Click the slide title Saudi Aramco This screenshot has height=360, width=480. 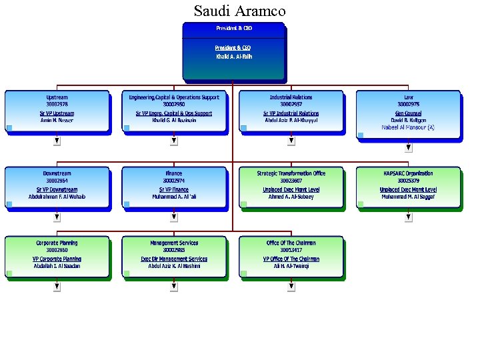click(x=239, y=11)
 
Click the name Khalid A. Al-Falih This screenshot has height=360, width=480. click(x=233, y=57)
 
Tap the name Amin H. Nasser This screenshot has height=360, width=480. click(x=57, y=121)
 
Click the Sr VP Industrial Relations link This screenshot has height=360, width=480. click(x=291, y=113)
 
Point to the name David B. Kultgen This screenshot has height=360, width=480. click(x=408, y=120)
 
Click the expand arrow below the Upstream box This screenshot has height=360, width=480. click(x=57, y=141)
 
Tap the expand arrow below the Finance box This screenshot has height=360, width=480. click(x=174, y=217)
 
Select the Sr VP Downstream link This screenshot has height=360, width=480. click(x=57, y=189)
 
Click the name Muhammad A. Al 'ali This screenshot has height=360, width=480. click(x=174, y=197)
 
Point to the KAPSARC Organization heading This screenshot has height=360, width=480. click(x=408, y=173)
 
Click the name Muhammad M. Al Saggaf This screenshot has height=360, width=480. click(x=408, y=197)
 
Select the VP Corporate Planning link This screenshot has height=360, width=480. click(x=57, y=259)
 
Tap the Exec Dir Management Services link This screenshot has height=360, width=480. click(x=174, y=259)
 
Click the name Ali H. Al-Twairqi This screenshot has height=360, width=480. click(x=291, y=266)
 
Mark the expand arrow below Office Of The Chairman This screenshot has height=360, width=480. click(x=291, y=287)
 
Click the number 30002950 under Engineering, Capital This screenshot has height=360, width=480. click(x=174, y=105)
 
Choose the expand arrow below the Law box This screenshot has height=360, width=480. click(x=408, y=141)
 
